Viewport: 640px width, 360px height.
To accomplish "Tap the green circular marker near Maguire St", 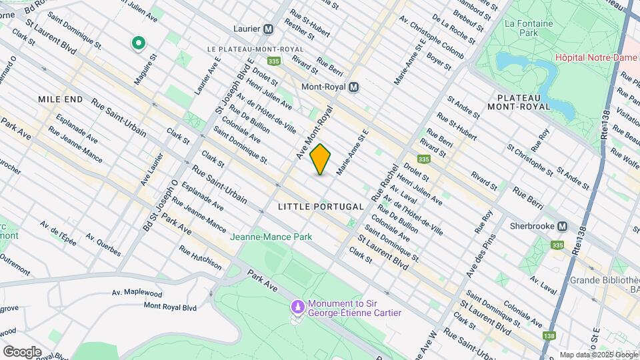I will click(139, 44).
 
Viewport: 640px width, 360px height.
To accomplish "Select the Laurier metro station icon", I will click(269, 29).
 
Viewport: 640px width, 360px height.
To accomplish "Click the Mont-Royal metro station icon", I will click(354, 87).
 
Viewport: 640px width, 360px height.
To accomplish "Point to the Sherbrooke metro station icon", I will click(562, 226).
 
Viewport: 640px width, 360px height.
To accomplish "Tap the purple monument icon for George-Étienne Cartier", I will click(297, 308).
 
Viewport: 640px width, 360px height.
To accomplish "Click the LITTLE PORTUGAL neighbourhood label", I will click(321, 207).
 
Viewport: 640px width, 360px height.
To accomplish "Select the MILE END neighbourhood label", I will click(61, 99).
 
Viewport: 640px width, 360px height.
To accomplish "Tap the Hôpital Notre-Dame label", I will click(595, 57).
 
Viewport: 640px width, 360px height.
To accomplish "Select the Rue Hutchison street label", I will click(200, 257).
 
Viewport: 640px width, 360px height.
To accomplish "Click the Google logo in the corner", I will click(22, 351).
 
